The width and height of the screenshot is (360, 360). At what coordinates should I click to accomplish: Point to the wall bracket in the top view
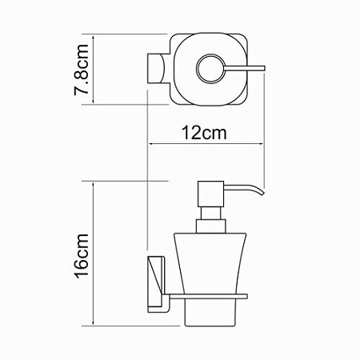[156, 70]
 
